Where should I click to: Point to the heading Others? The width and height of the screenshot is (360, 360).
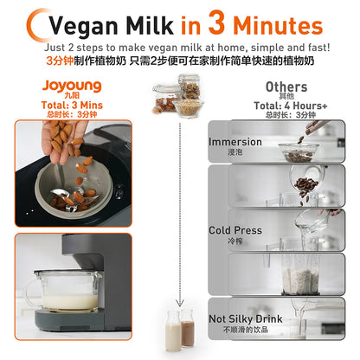[286, 87]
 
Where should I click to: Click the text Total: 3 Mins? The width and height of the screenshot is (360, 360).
[69, 105]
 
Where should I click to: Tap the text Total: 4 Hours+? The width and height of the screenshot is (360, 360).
[286, 105]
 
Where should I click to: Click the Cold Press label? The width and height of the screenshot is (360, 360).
[235, 231]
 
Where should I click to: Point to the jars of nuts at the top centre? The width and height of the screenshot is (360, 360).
[180, 97]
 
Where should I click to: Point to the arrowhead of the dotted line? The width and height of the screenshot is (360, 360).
[181, 303]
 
